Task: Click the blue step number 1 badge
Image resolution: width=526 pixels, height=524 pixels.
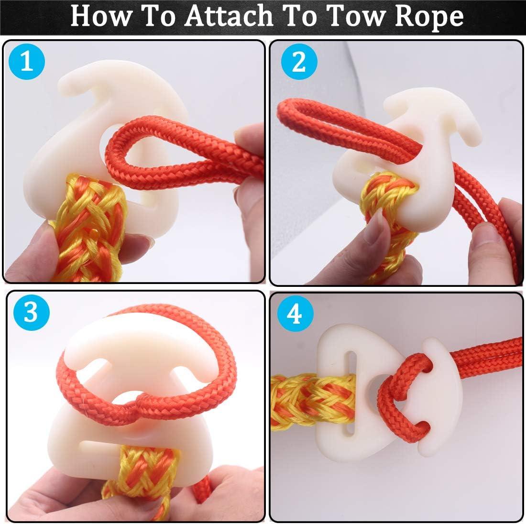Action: (x=27, y=62)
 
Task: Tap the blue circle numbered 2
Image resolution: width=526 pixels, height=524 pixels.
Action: (x=298, y=62)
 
